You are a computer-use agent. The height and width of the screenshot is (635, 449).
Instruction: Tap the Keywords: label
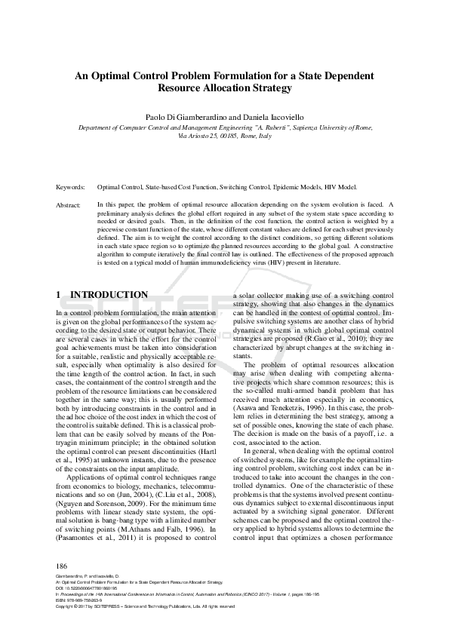pyautogui.click(x=71, y=186)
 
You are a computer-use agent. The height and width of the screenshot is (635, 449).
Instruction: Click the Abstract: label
pyautogui.click(x=69, y=204)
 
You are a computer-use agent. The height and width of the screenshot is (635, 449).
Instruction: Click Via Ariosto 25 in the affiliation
pyautogui.click(x=200, y=137)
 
